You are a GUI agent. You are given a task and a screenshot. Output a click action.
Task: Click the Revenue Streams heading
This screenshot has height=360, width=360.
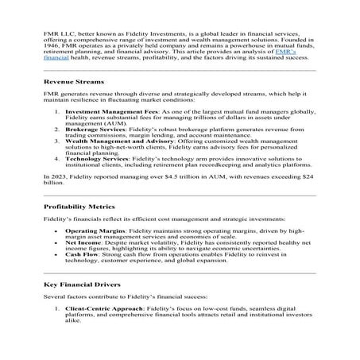pyautogui.click(x=72, y=81)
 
